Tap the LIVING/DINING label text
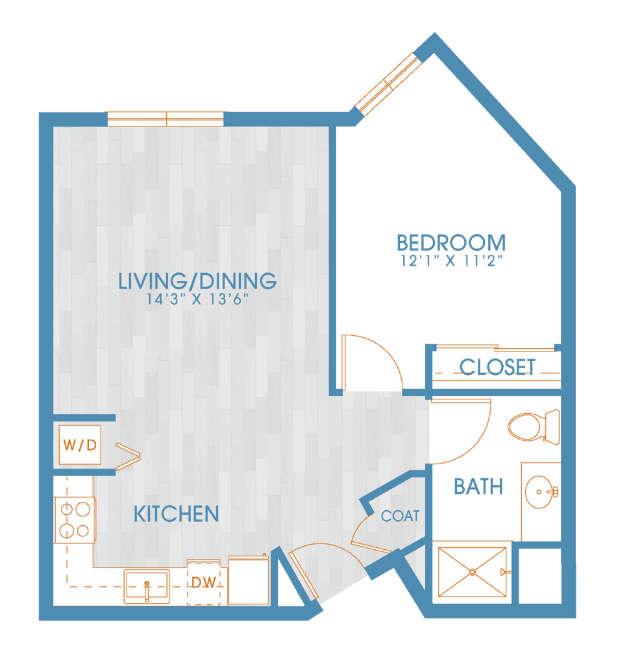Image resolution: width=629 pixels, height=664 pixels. click(198, 281)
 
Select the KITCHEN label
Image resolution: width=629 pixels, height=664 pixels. click(176, 514)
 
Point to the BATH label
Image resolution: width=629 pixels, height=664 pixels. click(478, 486)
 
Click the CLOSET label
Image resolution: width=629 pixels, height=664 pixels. click(498, 367)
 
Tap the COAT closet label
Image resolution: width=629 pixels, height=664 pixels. click(401, 516)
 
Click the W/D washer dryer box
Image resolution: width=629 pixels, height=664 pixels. click(80, 445)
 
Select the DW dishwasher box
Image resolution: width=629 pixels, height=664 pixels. click(204, 582)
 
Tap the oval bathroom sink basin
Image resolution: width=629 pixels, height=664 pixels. click(540, 493)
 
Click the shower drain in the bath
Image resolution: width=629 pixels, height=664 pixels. click(472, 572)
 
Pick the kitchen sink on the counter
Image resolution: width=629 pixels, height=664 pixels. click(147, 586)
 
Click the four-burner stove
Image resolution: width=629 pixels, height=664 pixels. click(73, 521)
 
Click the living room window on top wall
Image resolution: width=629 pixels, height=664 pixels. click(166, 119)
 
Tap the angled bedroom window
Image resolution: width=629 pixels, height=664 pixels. click(388, 83)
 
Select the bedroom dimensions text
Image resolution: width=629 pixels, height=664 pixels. click(452, 259)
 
